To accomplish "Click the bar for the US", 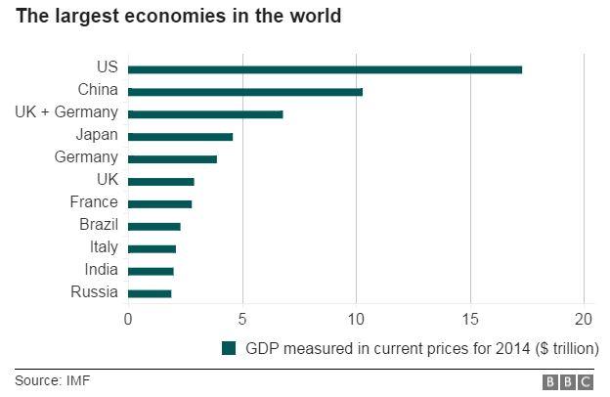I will click(325, 69).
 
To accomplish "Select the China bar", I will click(245, 92).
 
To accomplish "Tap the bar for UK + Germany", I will click(205, 114).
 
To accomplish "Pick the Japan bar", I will click(180, 137).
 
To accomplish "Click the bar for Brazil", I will click(154, 226).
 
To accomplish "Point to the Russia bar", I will click(150, 293).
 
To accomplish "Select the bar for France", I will click(159, 203).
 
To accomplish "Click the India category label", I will click(100, 270).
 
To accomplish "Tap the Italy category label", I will click(103, 247).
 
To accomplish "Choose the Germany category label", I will click(86, 157).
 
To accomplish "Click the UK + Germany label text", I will click(66, 112).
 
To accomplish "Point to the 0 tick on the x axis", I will click(128, 318).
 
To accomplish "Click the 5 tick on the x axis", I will click(241, 318).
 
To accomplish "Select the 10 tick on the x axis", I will click(356, 318).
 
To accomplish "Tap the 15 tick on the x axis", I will click(470, 318).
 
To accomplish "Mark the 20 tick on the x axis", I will click(584, 318).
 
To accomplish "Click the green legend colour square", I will click(229, 348).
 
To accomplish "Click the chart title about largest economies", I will click(178, 17).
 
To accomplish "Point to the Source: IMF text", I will click(52, 380).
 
